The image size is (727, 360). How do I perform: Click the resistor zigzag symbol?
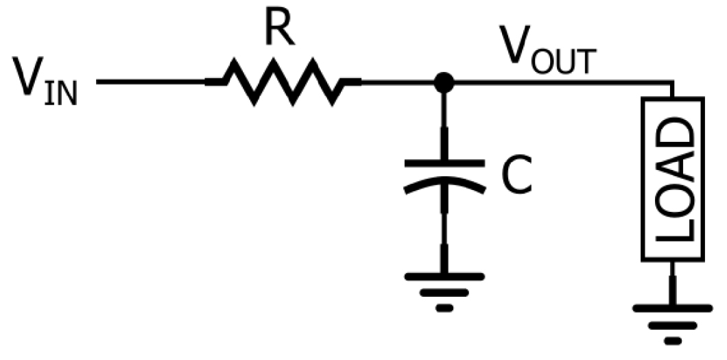(x=283, y=82)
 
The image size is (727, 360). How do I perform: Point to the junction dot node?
(x=444, y=82)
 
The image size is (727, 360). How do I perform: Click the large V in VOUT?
(x=514, y=45)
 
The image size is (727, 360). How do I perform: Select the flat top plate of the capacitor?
(x=444, y=163)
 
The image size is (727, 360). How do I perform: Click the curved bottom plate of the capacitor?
(x=444, y=184)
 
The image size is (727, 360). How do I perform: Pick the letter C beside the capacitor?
(x=516, y=176)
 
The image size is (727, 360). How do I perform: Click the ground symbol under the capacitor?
(x=444, y=292)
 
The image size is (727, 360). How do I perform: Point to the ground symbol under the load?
(x=673, y=324)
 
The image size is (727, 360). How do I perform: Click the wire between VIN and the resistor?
(x=151, y=82)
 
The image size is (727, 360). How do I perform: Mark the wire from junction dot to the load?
(x=563, y=82)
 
